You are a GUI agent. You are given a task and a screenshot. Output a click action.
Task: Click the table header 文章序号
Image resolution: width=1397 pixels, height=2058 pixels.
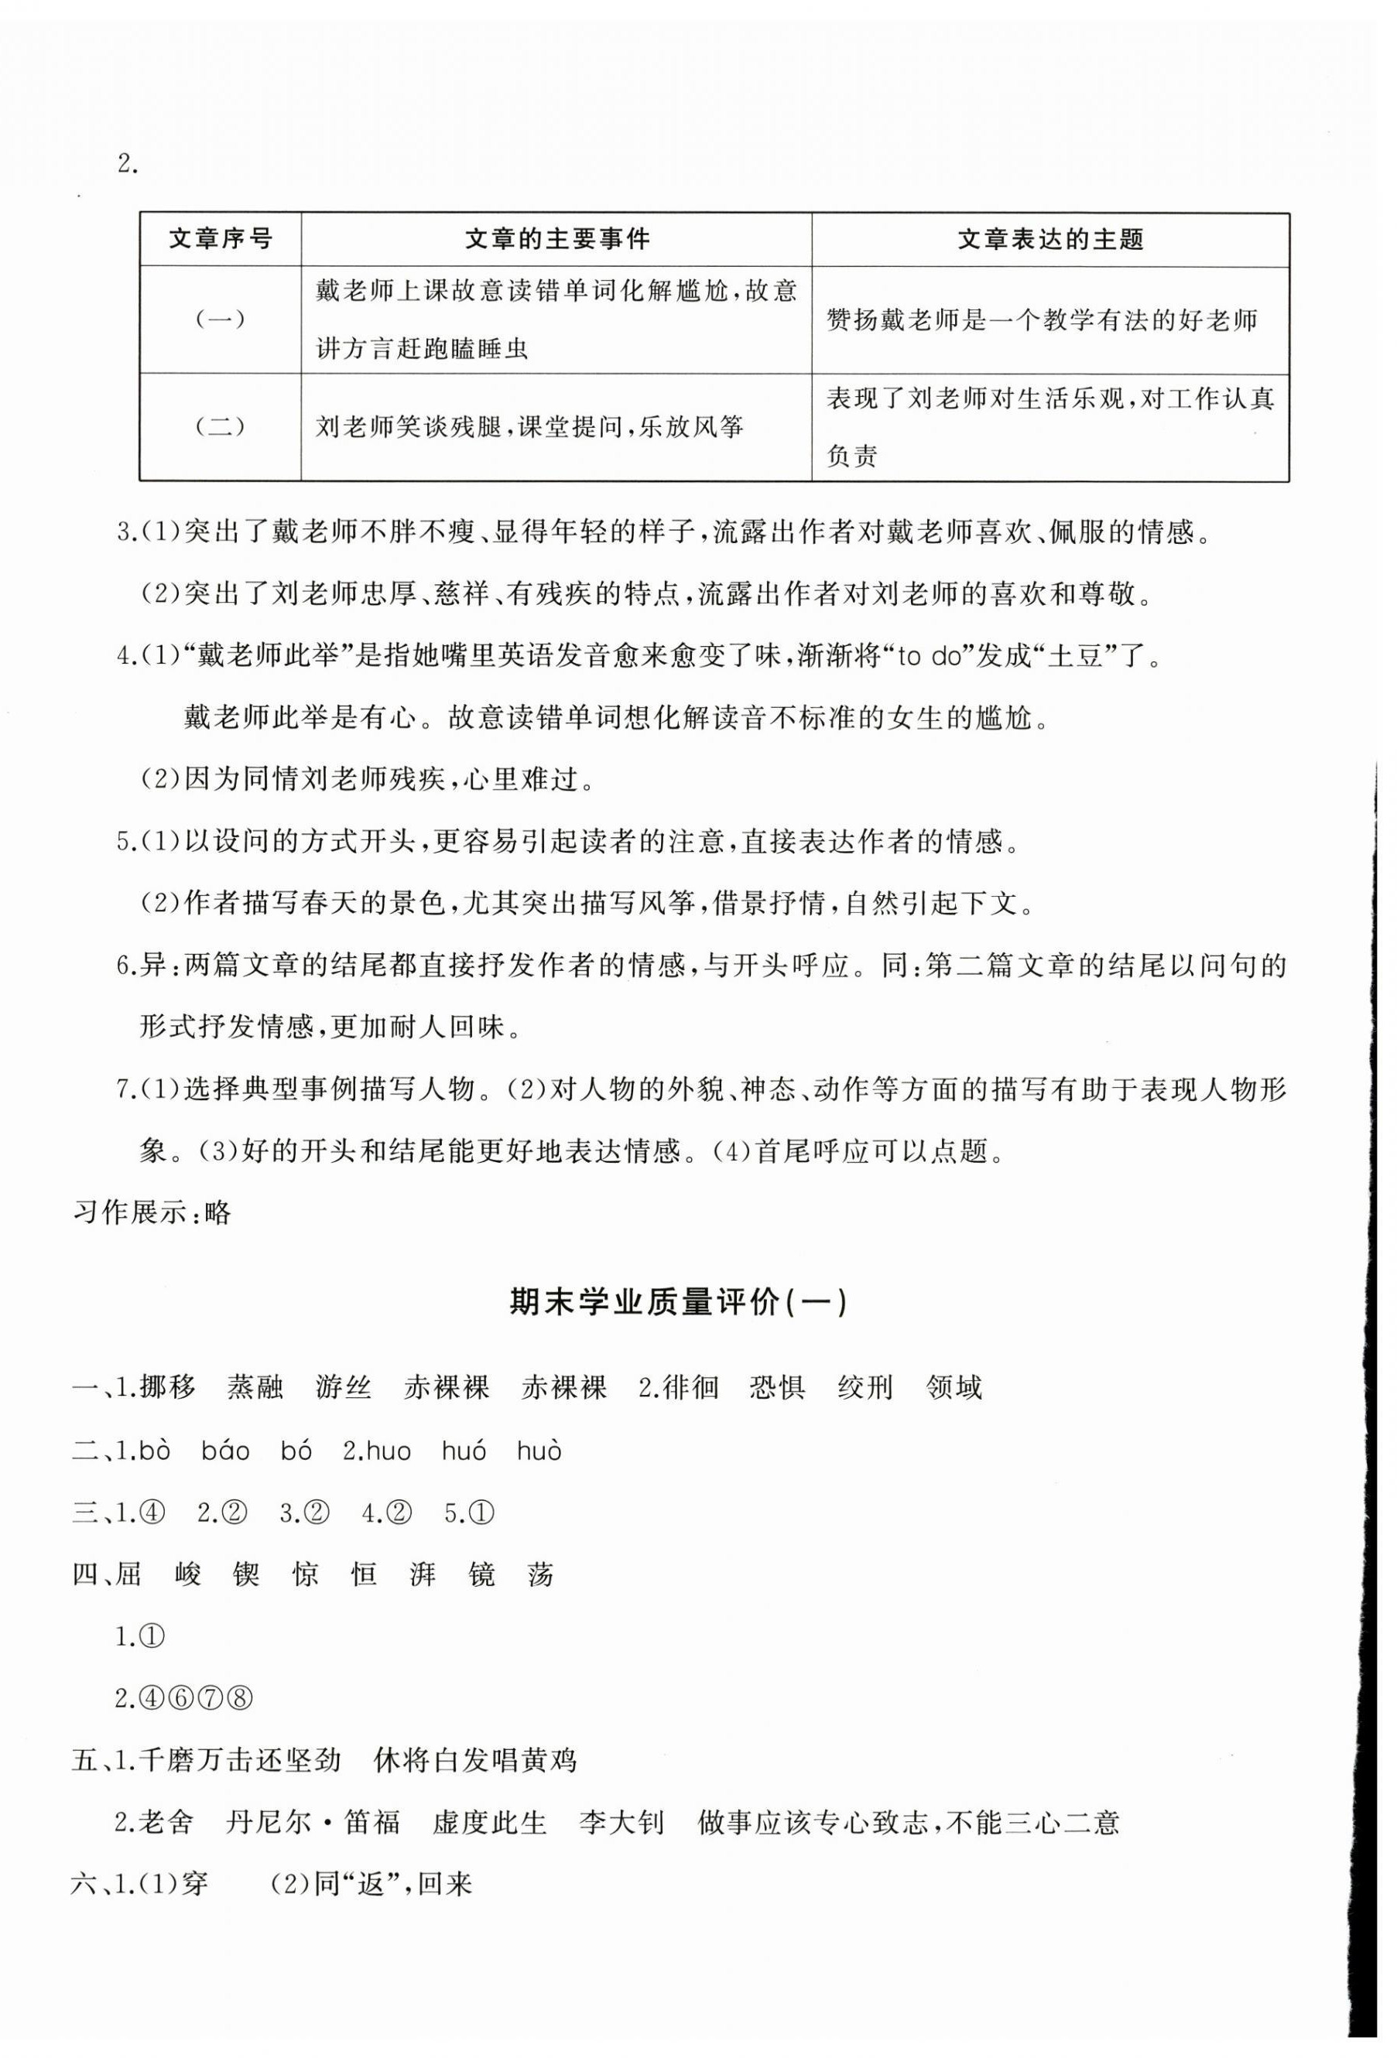[220, 239]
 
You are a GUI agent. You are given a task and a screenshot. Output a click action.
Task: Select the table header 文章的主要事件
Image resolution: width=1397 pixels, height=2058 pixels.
[556, 239]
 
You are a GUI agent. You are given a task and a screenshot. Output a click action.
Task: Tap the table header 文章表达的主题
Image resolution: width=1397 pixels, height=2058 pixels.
[1049, 239]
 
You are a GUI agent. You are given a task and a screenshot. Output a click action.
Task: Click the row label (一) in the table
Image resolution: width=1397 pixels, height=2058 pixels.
[220, 320]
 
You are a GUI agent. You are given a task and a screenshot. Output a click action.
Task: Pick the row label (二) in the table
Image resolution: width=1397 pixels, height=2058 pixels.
[220, 428]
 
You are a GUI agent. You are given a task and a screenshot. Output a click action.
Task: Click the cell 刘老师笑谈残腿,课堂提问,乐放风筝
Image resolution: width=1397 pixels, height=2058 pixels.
[529, 428]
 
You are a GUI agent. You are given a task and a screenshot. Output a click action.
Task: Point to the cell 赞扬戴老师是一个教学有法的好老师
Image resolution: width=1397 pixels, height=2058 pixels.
[1042, 320]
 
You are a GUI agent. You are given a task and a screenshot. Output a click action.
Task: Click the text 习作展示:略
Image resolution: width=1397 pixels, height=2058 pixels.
[152, 1212]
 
